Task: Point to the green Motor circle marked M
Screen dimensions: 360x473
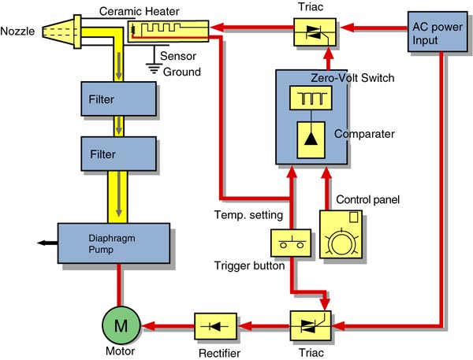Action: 118,323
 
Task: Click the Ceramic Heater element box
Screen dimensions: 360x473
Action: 168,32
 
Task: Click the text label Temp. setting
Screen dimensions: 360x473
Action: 243,213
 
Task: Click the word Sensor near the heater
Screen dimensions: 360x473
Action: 178,57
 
